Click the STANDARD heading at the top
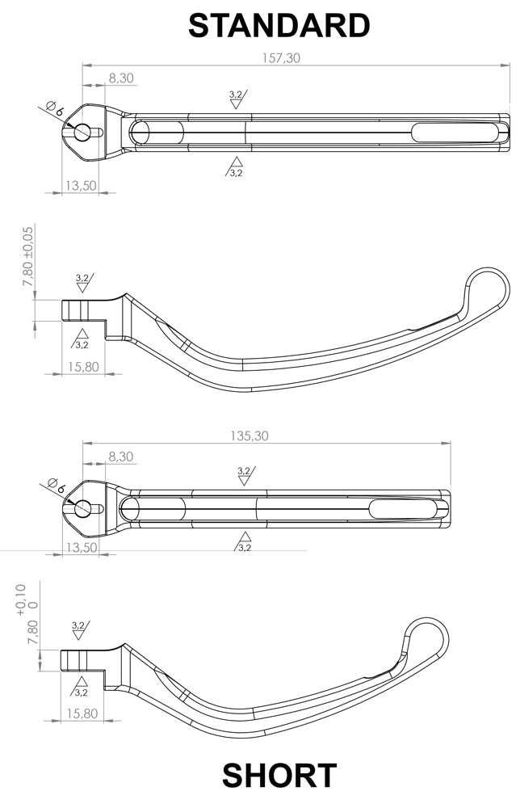[x=279, y=25]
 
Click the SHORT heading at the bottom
[x=279, y=776]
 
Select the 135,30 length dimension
[x=250, y=436]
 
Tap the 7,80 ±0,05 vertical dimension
[x=28, y=256]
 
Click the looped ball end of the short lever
[x=427, y=638]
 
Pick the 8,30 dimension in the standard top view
[x=120, y=78]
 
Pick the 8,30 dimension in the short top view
[x=120, y=457]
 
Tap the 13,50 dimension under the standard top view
[x=81, y=185]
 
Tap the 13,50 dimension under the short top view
[x=81, y=547]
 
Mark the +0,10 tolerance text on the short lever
[x=21, y=600]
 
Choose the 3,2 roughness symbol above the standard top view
[x=237, y=98]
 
